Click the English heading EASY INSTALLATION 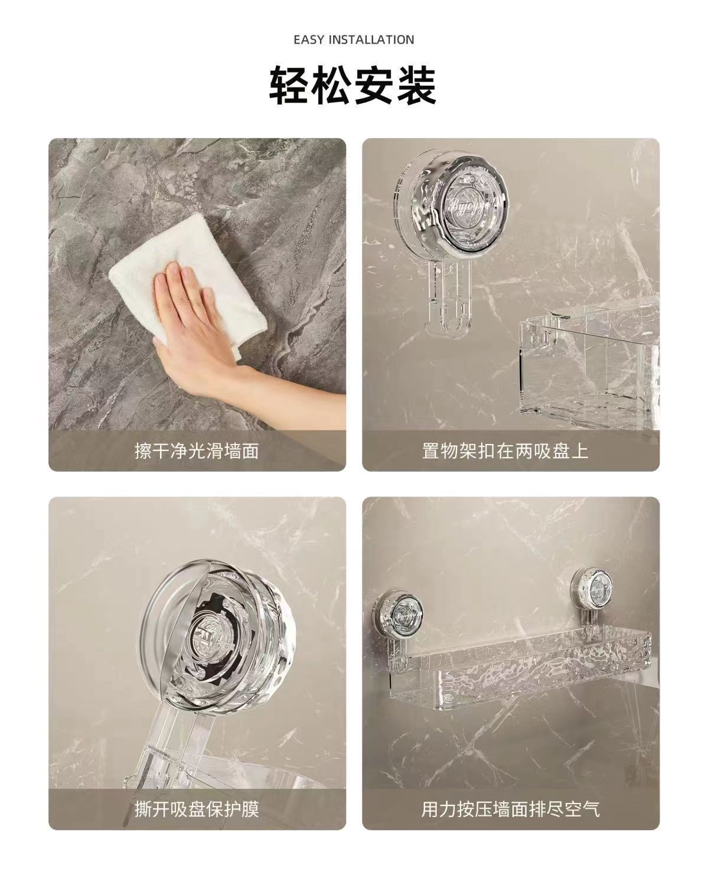point(354,40)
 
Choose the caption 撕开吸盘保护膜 point(197,810)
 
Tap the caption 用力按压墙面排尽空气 point(511,810)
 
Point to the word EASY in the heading point(309,40)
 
